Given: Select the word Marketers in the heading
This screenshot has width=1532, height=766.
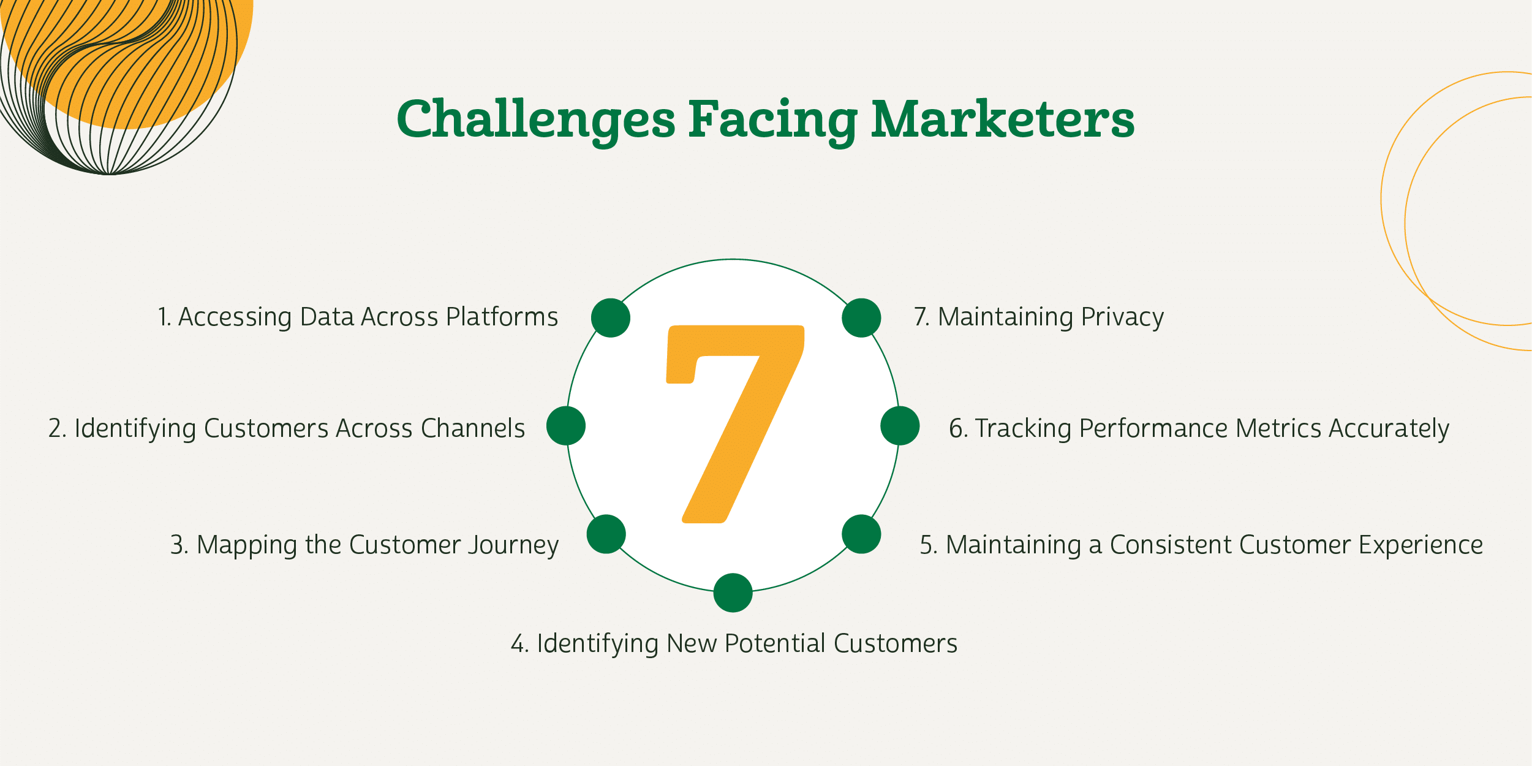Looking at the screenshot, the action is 1003,119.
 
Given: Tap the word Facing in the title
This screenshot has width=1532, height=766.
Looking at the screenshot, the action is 773,121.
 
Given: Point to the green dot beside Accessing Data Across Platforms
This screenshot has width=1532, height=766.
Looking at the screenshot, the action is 611,318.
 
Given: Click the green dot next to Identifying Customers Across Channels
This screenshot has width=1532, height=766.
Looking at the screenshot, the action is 566,426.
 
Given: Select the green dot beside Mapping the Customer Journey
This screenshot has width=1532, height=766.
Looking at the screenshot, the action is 606,534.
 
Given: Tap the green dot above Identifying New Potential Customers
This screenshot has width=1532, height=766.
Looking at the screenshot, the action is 733,593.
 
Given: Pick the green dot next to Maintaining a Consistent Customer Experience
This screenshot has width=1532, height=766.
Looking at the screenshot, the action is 861,534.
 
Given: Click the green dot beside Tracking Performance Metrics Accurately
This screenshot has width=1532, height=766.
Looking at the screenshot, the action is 900,426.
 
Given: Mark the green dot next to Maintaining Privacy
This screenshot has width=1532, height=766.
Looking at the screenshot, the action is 861,318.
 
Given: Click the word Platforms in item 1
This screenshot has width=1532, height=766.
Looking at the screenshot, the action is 502,317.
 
